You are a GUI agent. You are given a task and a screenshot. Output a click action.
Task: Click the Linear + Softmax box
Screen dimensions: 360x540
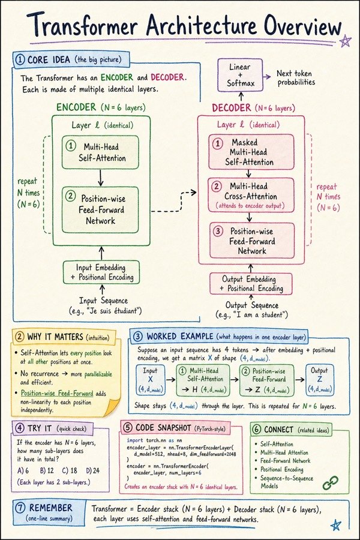(240, 75)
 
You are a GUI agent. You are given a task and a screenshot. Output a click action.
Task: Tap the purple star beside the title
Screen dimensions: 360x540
(345, 41)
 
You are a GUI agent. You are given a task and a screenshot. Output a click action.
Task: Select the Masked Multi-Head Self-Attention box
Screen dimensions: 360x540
(251, 152)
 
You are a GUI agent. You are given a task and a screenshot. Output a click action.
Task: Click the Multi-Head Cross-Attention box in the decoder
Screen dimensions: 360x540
(251, 195)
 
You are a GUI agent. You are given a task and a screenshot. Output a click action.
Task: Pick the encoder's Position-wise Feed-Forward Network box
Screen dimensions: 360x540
(100, 210)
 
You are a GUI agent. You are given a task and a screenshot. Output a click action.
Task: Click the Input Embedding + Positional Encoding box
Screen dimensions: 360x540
(101, 272)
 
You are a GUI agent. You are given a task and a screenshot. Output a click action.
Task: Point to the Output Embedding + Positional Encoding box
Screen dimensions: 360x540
(251, 284)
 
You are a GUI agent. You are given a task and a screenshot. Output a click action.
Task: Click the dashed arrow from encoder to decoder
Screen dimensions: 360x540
(174, 202)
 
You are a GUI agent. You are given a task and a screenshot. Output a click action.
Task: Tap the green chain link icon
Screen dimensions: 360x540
(330, 483)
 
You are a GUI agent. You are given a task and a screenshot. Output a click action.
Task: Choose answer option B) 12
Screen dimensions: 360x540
(47, 470)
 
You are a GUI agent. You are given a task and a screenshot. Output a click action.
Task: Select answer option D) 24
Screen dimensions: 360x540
(92, 470)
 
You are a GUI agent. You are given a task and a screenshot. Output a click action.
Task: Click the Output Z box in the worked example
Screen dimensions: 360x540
(320, 379)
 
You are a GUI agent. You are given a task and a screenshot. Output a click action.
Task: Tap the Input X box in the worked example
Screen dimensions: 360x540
(150, 380)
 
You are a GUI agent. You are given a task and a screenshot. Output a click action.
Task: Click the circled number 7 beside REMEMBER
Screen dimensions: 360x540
(20, 508)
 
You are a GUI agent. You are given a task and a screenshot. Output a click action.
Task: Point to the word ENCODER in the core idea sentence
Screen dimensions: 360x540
(117, 77)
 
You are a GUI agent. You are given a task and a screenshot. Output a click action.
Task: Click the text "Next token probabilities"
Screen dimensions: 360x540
(296, 78)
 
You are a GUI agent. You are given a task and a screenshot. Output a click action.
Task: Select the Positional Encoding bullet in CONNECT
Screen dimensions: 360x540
(282, 469)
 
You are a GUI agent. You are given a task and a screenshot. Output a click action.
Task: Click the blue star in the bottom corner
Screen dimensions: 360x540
(335, 525)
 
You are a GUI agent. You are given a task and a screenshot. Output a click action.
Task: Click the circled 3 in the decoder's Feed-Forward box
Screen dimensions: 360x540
(218, 231)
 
